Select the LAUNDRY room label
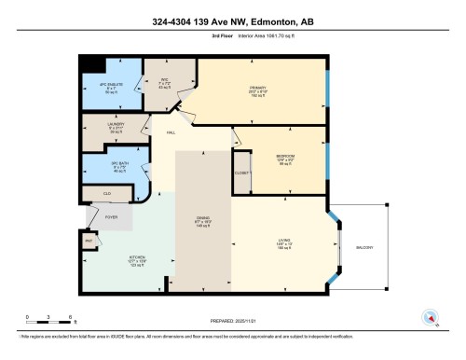tap(103, 127)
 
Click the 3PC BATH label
tap(105, 166)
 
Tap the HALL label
tap(171, 133)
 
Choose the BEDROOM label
tap(285, 156)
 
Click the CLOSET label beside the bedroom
tap(241, 173)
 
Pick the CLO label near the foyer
tap(107, 193)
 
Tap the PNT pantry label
tap(89, 241)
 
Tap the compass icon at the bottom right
tap(430, 318)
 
